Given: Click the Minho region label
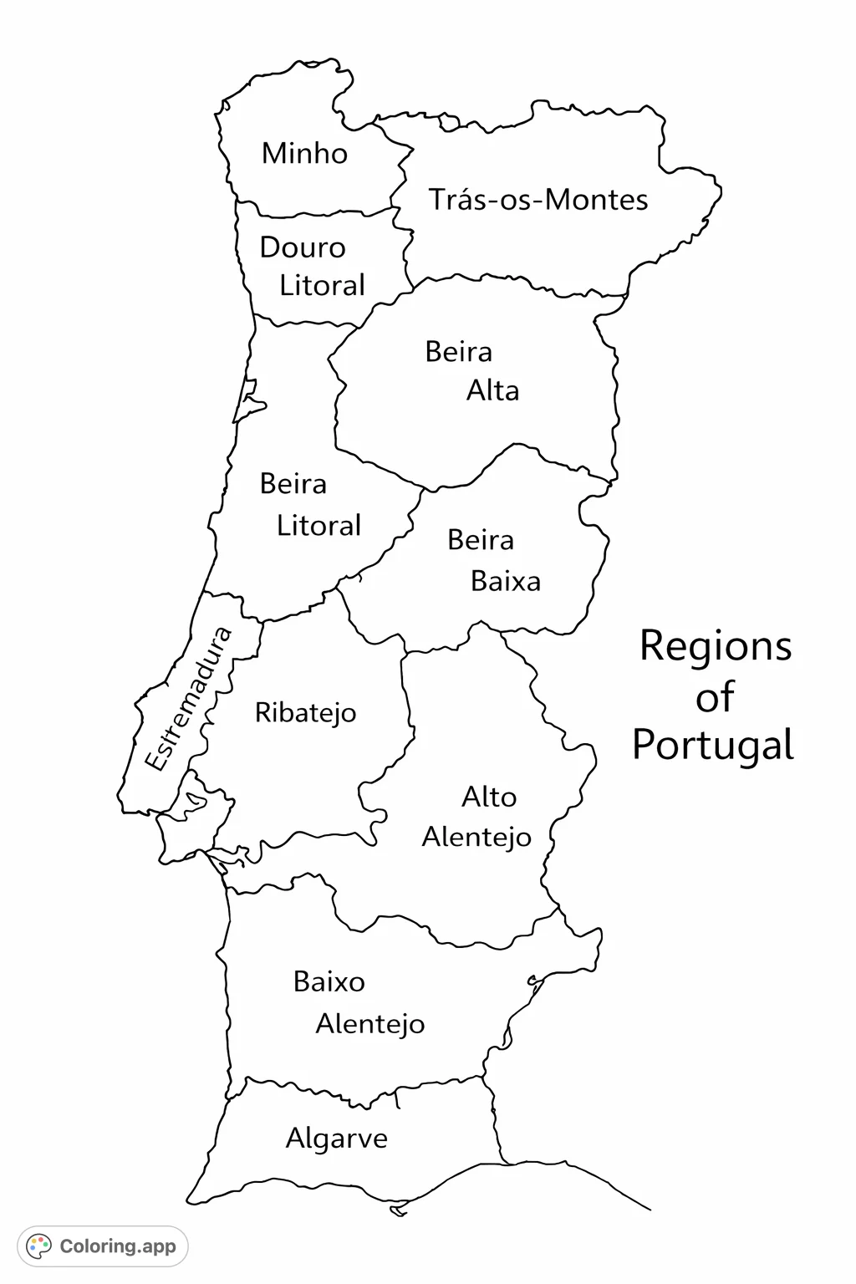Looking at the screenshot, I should click(304, 154).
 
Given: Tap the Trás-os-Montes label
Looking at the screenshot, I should click(538, 200).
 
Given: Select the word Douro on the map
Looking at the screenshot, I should click(302, 247).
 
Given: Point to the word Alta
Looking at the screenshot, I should click(492, 390).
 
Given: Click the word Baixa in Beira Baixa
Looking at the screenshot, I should click(505, 581).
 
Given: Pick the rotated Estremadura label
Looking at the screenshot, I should click(187, 699).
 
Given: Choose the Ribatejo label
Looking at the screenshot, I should click(305, 713).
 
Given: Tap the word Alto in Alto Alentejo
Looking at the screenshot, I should click(488, 797).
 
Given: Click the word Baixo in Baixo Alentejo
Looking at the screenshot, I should click(329, 981).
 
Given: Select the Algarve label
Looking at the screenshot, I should click(336, 1139).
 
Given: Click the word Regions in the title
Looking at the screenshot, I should click(715, 647).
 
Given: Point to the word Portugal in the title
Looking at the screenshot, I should click(712, 745).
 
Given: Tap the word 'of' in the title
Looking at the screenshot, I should click(715, 696).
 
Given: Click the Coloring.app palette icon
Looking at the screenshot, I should click(39, 1246).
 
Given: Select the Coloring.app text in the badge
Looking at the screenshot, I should click(118, 1246).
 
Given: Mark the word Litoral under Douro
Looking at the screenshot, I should click(322, 286).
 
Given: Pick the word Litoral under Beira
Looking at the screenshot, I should click(318, 526).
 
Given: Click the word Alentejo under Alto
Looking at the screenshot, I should click(476, 837).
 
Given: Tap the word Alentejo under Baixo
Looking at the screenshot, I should click(369, 1024).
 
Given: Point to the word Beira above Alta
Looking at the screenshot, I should click(458, 351).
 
